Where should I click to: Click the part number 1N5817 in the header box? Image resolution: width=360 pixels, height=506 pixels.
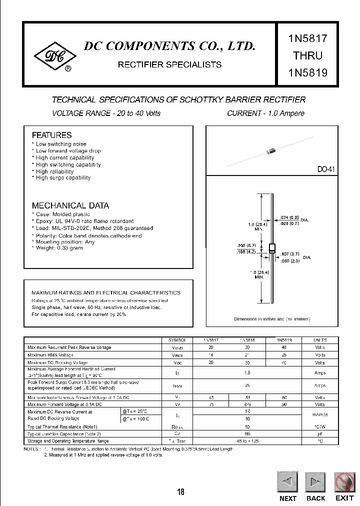(x=307, y=38)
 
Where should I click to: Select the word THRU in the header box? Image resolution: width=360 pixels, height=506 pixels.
(x=307, y=55)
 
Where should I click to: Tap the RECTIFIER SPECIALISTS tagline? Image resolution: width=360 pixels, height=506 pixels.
(x=169, y=64)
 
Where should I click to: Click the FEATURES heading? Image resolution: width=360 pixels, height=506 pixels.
(x=51, y=135)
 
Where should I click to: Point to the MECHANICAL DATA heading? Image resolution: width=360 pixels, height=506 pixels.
(x=70, y=205)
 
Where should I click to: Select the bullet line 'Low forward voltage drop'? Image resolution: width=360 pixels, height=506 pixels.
(x=68, y=150)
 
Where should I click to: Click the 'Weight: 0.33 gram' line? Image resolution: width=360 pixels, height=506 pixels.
(x=59, y=248)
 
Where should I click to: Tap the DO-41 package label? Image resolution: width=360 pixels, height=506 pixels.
(x=325, y=169)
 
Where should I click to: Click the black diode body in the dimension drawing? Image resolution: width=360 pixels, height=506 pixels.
(x=272, y=248)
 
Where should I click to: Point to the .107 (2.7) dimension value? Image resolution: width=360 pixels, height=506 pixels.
(x=290, y=254)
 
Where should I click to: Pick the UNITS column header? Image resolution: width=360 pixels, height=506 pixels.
(x=319, y=339)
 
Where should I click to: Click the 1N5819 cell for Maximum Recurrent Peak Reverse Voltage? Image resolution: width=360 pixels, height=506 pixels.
(x=283, y=347)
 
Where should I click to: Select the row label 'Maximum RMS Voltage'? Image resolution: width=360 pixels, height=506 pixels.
(x=51, y=355)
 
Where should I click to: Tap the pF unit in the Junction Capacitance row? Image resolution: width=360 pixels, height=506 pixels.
(x=319, y=434)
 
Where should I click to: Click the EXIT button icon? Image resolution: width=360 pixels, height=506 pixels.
(x=344, y=482)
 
